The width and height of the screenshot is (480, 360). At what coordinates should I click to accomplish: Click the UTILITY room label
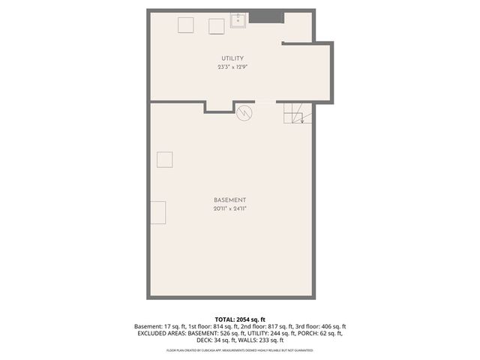(232, 58)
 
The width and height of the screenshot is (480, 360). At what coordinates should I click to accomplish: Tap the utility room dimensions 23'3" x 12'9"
(232, 67)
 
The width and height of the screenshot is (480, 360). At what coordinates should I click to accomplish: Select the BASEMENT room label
(229, 200)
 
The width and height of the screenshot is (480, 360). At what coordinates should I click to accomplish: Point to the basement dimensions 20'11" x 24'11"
(229, 209)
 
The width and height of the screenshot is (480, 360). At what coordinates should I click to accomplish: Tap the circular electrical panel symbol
(244, 114)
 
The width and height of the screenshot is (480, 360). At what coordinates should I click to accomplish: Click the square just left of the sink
(216, 25)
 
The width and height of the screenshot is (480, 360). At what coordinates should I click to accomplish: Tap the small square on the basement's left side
(163, 160)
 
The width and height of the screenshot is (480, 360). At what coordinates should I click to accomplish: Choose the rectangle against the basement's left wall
(157, 212)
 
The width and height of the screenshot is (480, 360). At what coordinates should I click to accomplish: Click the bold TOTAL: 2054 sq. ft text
(239, 319)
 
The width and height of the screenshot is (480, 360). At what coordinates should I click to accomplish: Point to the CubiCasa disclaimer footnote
(239, 350)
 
